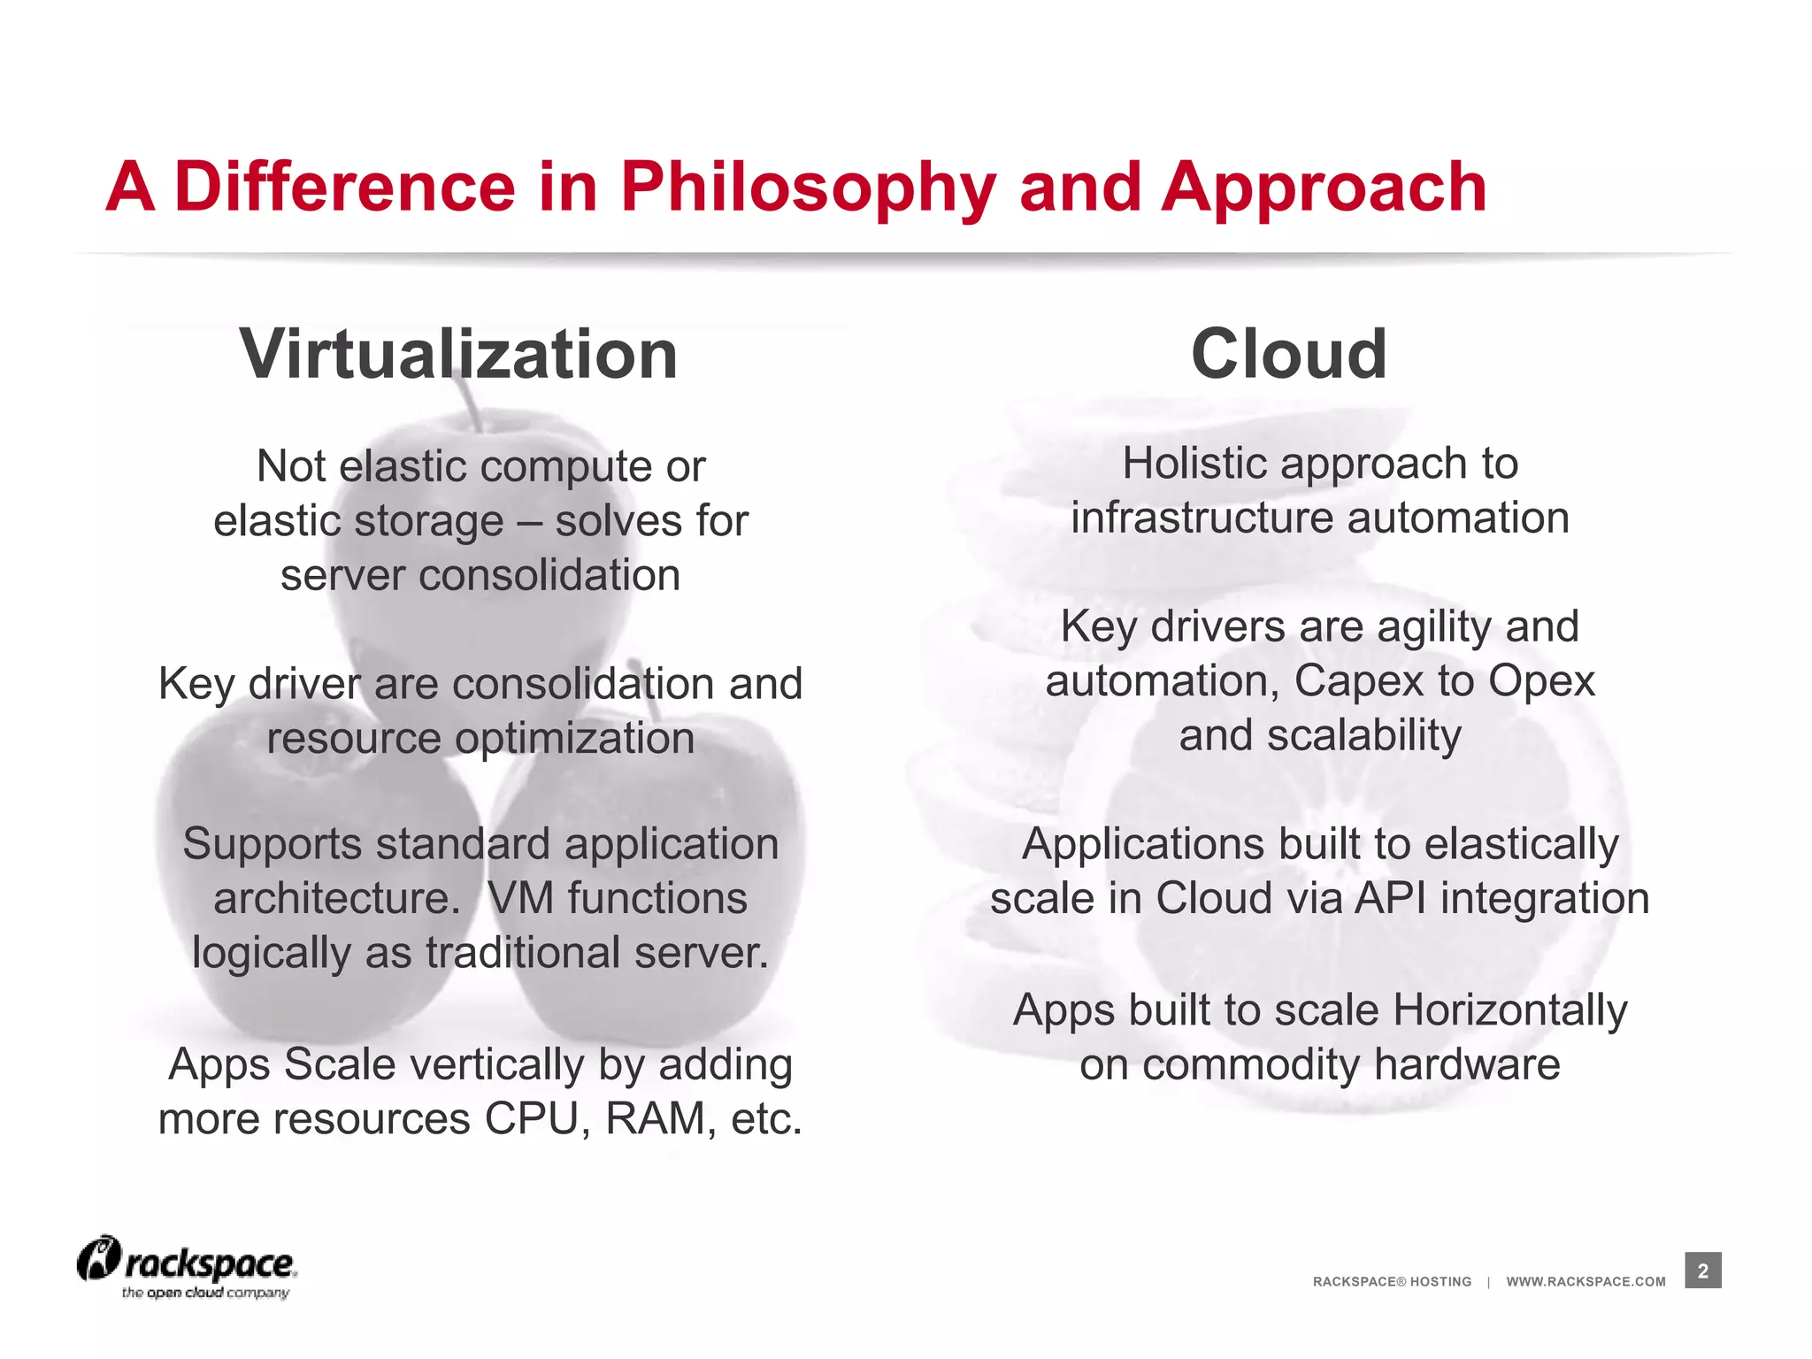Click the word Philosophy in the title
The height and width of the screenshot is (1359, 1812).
coord(807,188)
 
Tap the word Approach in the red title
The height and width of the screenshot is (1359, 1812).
coord(1324,188)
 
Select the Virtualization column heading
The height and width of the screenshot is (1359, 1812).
coord(458,354)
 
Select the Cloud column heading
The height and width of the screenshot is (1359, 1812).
coord(1288,354)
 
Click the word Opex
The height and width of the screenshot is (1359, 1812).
coord(1541,681)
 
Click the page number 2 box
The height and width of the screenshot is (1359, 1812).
coord(1702,1271)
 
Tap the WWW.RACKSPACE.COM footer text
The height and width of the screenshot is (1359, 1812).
coord(1585,1282)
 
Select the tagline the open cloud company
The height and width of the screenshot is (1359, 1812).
coord(205,1294)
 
